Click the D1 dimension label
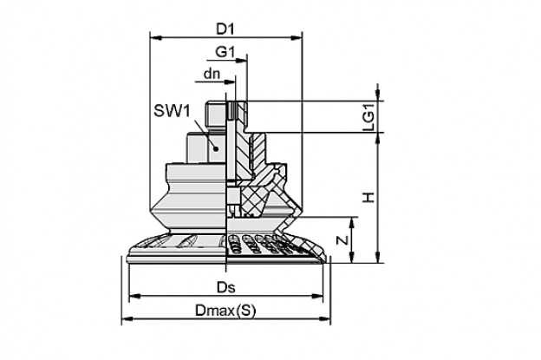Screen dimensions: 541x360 [x=225, y=29]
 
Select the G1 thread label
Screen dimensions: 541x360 [x=225, y=52]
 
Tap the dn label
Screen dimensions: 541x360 [x=212, y=74]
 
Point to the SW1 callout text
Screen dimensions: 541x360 [x=172, y=111]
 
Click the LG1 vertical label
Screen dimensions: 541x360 [x=368, y=116]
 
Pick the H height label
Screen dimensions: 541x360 [x=368, y=198]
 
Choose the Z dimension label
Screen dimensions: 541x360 [x=342, y=239]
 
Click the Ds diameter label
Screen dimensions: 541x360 [x=226, y=287]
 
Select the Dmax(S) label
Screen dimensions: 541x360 [x=225, y=311]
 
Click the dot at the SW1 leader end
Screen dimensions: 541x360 [x=216, y=148]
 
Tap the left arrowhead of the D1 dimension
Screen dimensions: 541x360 [x=156, y=37]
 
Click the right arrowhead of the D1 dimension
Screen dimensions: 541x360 [x=297, y=37]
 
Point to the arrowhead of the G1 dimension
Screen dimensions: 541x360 [x=242, y=61]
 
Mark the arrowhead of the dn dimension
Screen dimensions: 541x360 [x=230, y=82]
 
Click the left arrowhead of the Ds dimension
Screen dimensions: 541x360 [x=135, y=296]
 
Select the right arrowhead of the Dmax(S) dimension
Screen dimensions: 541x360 [x=324, y=319]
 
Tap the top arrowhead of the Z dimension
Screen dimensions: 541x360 [x=352, y=223]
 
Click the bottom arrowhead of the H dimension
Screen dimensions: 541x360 [x=378, y=257]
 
